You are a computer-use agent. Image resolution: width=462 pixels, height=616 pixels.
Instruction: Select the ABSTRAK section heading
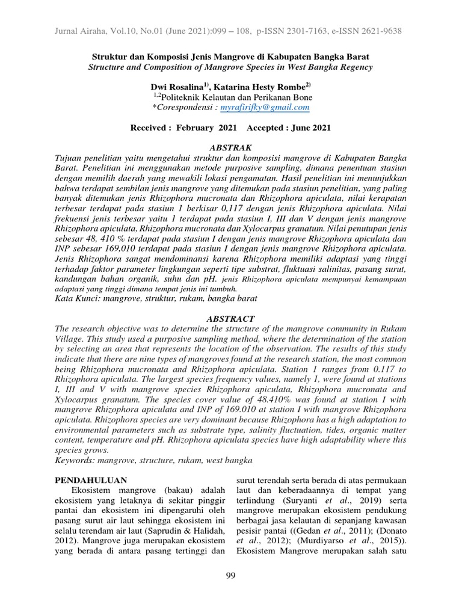pyautogui.click(x=231, y=147)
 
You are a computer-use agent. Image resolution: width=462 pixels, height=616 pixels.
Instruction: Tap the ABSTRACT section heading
pyautogui.click(x=231, y=318)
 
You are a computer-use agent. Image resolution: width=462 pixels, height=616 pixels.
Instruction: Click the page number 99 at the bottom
pyautogui.click(x=230, y=576)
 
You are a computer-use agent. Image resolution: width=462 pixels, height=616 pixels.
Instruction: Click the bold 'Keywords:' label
pyautogui.click(x=75, y=460)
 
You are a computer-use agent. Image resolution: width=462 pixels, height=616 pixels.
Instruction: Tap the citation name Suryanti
pyautogui.click(x=297, y=501)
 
